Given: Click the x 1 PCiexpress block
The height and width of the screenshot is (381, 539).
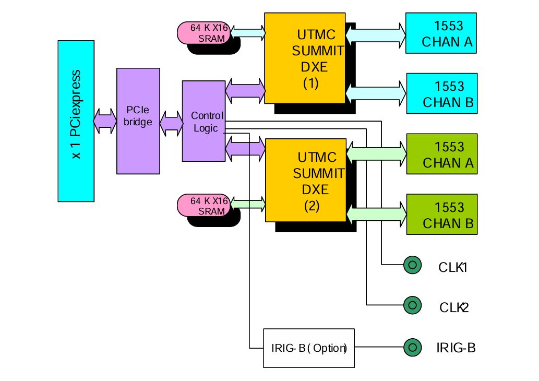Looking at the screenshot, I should click(76, 121).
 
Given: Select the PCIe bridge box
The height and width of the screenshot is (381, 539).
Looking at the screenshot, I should click(138, 121).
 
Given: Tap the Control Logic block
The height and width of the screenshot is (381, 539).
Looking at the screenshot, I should click(203, 121).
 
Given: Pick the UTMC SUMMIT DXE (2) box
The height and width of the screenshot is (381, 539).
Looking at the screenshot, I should click(306, 180).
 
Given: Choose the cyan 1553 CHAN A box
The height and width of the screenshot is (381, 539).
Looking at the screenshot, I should click(441, 33).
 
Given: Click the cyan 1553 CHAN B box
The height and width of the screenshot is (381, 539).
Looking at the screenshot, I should click(441, 93).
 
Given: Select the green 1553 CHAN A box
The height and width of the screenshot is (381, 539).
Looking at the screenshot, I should click(441, 154).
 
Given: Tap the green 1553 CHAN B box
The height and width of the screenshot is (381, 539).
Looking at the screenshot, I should click(441, 214).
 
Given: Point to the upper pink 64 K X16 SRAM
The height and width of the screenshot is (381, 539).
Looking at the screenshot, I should click(207, 32).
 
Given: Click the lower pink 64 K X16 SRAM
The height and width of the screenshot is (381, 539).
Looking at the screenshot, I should click(207, 206).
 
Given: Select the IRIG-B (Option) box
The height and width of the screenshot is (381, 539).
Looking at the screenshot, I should click(309, 348).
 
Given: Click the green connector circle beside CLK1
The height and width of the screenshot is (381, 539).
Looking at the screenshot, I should click(412, 265).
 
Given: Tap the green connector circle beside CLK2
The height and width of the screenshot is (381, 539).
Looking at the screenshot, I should click(412, 304).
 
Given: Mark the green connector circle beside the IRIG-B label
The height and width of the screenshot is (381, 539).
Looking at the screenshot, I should click(412, 347).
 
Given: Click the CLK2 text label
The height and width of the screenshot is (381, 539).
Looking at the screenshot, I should click(454, 307).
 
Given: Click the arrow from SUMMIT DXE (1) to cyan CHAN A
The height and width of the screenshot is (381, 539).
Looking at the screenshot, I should click(376, 34).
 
